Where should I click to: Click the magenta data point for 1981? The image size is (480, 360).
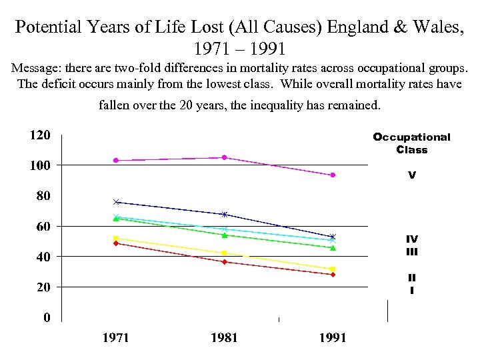pyautogui.click(x=224, y=157)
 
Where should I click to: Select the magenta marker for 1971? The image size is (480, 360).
pyautogui.click(x=115, y=160)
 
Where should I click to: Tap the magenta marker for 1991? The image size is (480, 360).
pyautogui.click(x=333, y=175)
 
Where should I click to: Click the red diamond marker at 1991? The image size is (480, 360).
pyautogui.click(x=333, y=275)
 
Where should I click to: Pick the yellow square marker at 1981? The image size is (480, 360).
pyautogui.click(x=224, y=253)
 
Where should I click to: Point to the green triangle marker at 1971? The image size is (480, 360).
pyautogui.click(x=115, y=219)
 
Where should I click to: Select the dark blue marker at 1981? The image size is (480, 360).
pyautogui.click(x=224, y=214)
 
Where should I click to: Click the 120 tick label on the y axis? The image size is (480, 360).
pyautogui.click(x=39, y=135)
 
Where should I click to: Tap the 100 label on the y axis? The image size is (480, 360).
pyautogui.click(x=39, y=165)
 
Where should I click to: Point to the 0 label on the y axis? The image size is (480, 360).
pyautogui.click(x=46, y=318)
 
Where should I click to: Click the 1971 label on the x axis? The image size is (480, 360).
pyautogui.click(x=115, y=338)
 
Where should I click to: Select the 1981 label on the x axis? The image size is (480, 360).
pyautogui.click(x=224, y=338)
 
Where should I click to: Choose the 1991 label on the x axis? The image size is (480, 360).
pyautogui.click(x=333, y=338)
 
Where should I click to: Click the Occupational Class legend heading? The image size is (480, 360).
pyautogui.click(x=411, y=143)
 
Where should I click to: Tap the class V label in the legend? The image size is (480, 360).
pyautogui.click(x=412, y=176)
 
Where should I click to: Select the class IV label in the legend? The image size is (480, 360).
pyautogui.click(x=412, y=239)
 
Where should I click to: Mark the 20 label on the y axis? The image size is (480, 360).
pyautogui.click(x=42, y=287)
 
